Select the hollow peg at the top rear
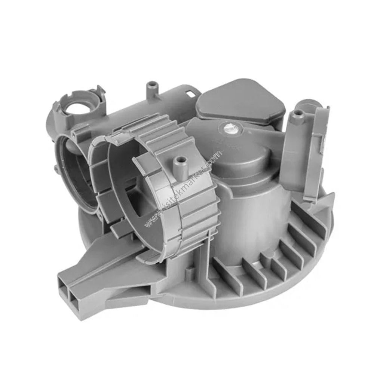coord(152,87)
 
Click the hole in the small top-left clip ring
coord(78,108)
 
